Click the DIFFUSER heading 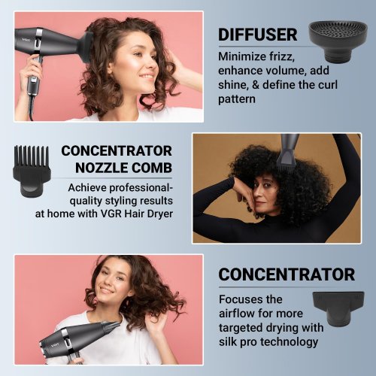pyautogui.click(x=258, y=35)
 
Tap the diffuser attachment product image pyautogui.click(x=338, y=41)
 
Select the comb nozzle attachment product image pyautogui.click(x=32, y=171)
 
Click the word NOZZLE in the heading pyautogui.click(x=102, y=168)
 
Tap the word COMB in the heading pyautogui.click(x=152, y=168)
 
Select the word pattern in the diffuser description pyautogui.click(x=237, y=99)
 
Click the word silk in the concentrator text pyautogui.click(x=227, y=341)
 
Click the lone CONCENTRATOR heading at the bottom pyautogui.click(x=287, y=274)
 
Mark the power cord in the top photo pyautogui.click(x=31, y=108)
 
